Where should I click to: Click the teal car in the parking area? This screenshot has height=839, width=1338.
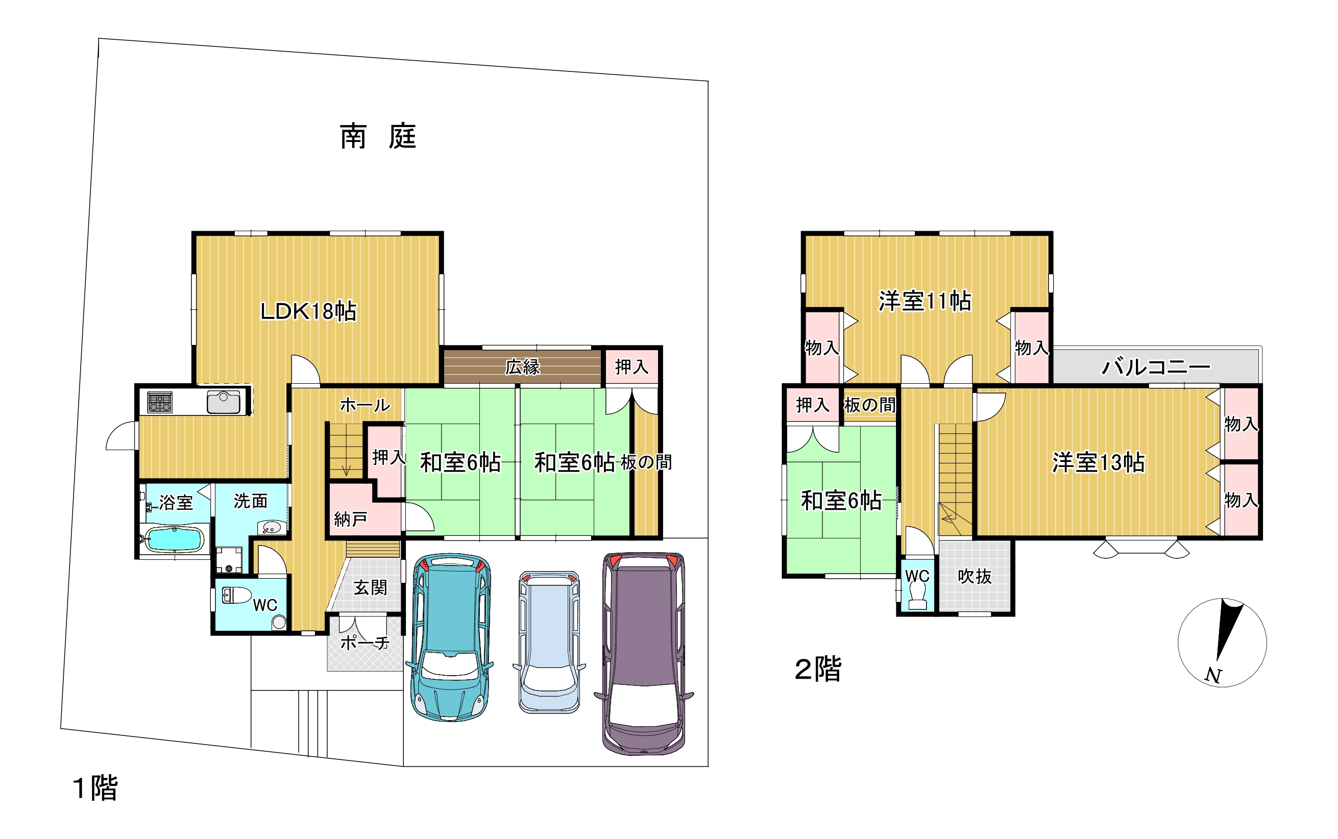click(x=450, y=637)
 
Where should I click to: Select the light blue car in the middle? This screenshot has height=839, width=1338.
click(x=549, y=642)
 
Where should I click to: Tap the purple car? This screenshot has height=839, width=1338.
click(x=644, y=653)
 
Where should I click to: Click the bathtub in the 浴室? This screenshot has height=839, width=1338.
click(x=174, y=538)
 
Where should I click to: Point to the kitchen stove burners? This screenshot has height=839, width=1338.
click(x=160, y=402)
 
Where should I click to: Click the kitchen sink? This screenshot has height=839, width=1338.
click(x=224, y=402)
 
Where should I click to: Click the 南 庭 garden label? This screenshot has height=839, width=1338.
click(x=378, y=136)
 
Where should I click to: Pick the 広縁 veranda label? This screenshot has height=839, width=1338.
click(x=522, y=367)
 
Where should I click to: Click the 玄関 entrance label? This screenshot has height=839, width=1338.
click(x=370, y=587)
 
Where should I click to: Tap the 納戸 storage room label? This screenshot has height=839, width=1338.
click(x=350, y=520)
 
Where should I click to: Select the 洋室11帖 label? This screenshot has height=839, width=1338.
click(x=925, y=301)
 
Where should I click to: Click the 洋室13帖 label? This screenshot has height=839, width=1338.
click(x=1098, y=462)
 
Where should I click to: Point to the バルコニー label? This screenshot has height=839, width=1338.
click(x=1155, y=367)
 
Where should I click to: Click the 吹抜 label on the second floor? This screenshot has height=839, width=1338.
click(x=975, y=577)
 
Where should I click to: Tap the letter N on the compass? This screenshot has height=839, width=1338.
click(x=1212, y=675)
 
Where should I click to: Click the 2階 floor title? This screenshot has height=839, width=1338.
click(x=818, y=669)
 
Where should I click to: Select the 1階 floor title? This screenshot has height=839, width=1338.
click(x=95, y=788)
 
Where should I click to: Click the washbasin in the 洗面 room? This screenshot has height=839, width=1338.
click(x=272, y=528)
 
